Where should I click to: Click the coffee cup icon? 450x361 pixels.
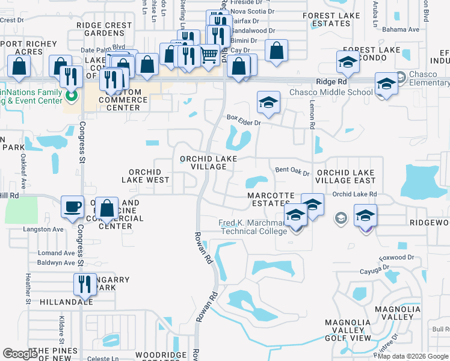tap(72, 206)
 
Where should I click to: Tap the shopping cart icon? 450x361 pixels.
tap(209, 55)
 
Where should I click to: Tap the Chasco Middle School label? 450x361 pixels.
tap(331, 92)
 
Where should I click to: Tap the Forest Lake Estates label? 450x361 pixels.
tap(327, 19)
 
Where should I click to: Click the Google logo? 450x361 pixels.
tap(20, 354)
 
